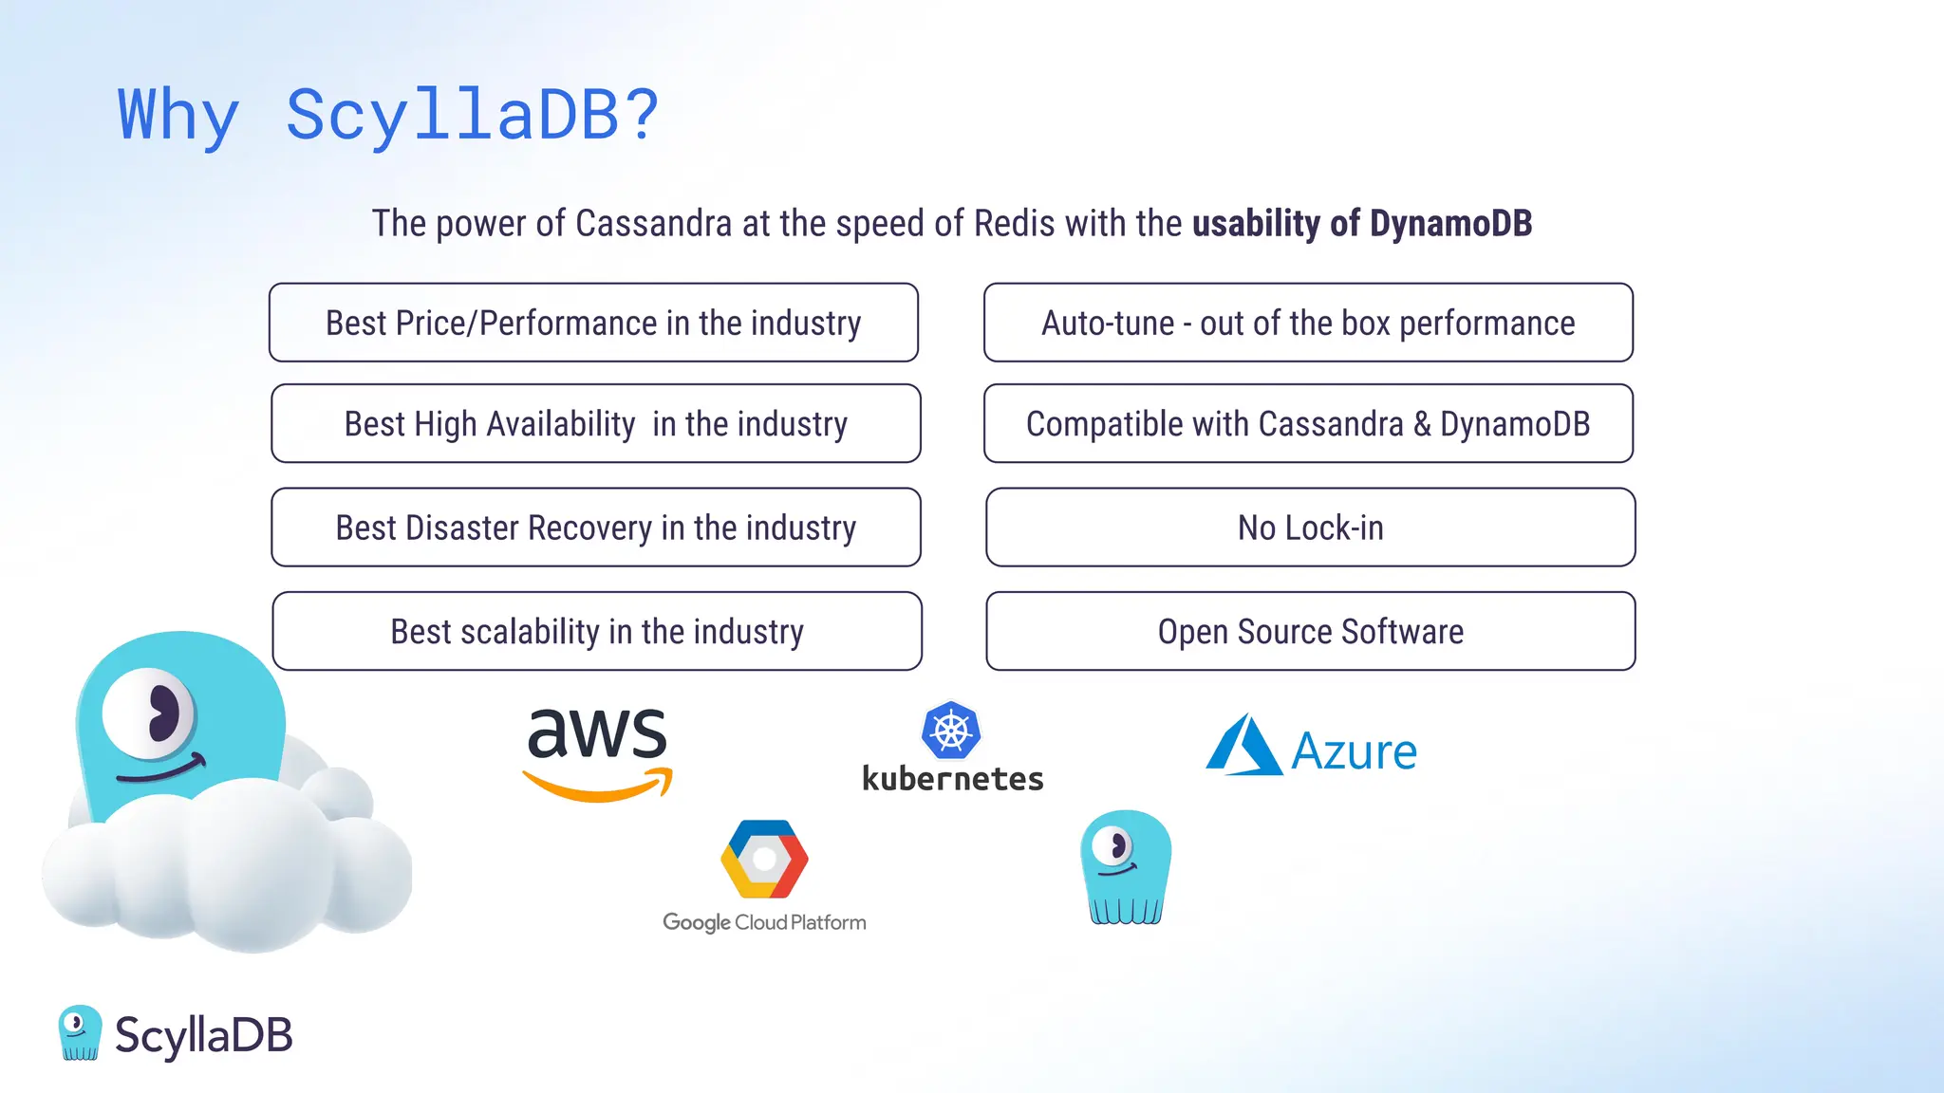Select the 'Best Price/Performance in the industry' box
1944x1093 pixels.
(x=593, y=323)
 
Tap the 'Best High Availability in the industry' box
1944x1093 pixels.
(x=595, y=423)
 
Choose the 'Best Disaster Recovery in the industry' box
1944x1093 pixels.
(x=595, y=528)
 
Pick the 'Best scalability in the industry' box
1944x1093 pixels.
(x=596, y=631)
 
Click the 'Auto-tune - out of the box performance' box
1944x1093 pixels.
(x=1308, y=323)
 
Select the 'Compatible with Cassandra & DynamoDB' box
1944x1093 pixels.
(x=1308, y=423)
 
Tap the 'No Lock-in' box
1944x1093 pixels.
(x=1310, y=528)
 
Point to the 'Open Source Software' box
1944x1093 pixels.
(x=1310, y=631)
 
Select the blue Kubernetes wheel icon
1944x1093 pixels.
(x=950, y=731)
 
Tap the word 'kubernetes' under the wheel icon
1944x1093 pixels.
(x=952, y=779)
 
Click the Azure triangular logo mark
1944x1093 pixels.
(x=1243, y=747)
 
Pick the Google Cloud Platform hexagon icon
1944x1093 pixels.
(x=764, y=859)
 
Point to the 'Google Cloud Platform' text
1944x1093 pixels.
(x=764, y=922)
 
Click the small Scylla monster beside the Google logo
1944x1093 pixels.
(x=1126, y=866)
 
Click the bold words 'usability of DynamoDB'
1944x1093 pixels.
(x=1362, y=224)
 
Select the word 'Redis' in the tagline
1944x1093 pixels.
(x=1014, y=224)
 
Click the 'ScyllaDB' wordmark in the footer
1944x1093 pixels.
(x=203, y=1034)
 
